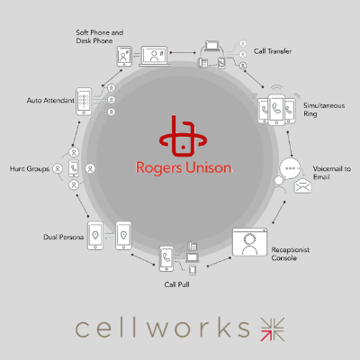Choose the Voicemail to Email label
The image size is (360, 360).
pyautogui.click(x=332, y=174)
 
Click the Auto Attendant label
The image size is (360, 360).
pyautogui.click(x=49, y=99)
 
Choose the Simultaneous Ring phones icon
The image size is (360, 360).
pyautogui.click(x=274, y=111)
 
